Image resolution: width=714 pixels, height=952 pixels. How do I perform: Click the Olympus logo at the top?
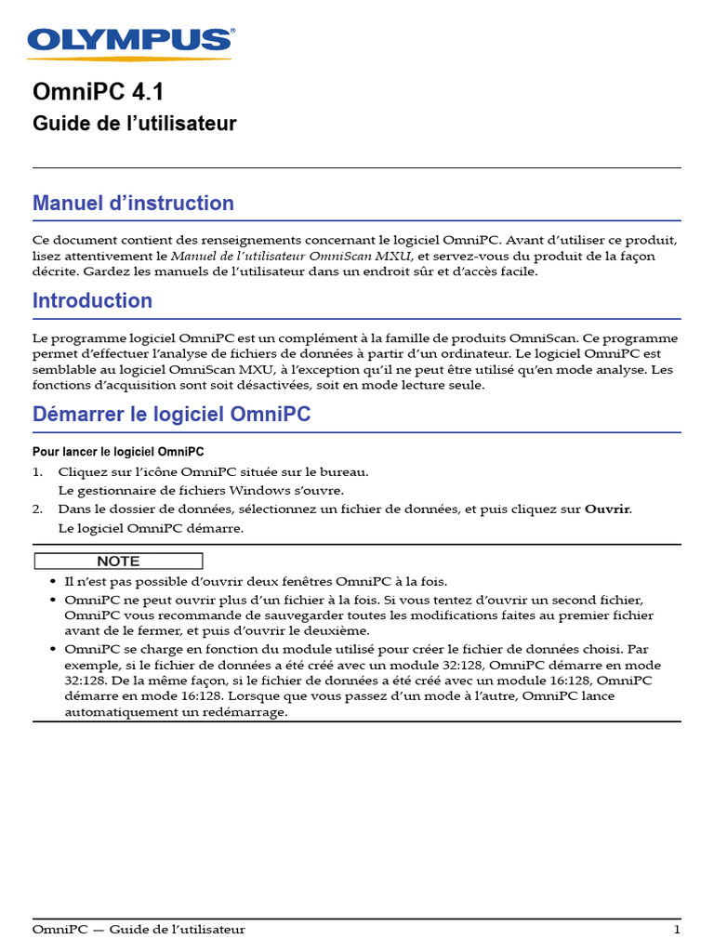tap(131, 41)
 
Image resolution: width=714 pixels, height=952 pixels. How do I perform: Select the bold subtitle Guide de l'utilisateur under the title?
tap(134, 124)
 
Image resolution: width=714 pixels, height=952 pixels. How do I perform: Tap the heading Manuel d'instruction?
tap(133, 203)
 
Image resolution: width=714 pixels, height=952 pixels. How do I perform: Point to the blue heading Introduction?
tap(92, 300)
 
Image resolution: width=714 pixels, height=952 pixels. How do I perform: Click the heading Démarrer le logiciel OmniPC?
tap(171, 415)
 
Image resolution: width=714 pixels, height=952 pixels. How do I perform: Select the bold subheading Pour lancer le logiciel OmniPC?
tap(118, 452)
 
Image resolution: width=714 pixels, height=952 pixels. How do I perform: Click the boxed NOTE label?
tap(118, 562)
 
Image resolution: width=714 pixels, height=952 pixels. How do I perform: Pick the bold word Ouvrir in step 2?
tap(607, 509)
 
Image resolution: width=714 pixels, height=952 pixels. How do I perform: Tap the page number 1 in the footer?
tap(677, 930)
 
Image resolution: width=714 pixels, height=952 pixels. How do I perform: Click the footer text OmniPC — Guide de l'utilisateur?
tap(139, 930)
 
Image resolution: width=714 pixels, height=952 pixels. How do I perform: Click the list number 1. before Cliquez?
tap(38, 472)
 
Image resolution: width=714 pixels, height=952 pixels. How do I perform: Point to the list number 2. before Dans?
tap(38, 509)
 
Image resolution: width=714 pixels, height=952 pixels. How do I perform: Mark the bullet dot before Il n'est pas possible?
tap(53, 581)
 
